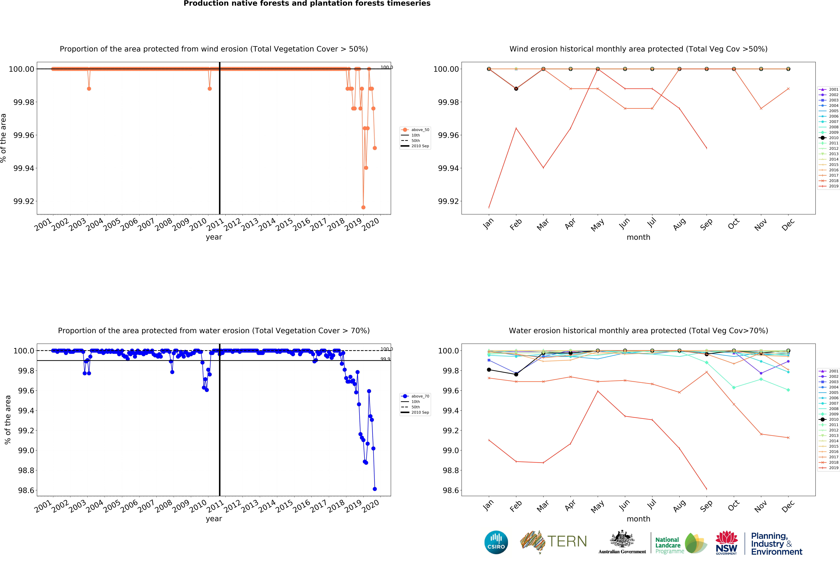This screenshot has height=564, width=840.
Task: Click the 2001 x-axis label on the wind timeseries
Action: [x=43, y=225]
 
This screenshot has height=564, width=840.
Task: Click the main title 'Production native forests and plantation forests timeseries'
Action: [x=307, y=4]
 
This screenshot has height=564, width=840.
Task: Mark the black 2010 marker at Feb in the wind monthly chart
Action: [x=516, y=88]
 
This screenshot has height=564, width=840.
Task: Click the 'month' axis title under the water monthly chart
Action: [x=638, y=519]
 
